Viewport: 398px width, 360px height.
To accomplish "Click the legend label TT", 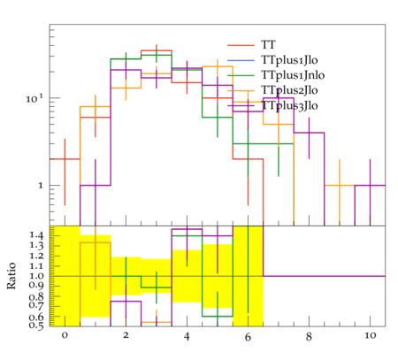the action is tap(268, 45).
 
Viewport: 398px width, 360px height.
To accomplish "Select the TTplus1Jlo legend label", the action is tap(289, 60).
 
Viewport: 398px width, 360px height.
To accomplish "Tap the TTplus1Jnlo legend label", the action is tap(293, 75).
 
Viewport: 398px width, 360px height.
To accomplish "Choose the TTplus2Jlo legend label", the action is tap(289, 90).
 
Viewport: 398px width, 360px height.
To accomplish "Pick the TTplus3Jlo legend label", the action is tap(289, 105).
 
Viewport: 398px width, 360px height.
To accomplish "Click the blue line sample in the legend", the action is tap(241, 60).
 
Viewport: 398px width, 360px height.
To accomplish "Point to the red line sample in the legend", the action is tap(241, 45).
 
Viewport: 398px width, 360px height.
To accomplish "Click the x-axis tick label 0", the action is tap(65, 335).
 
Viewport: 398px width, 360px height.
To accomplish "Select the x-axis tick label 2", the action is tap(126, 335).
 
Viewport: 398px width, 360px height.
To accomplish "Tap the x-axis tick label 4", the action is tap(187, 336).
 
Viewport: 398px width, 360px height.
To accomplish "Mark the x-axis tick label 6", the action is tap(248, 336).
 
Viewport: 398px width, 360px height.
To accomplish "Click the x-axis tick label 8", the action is tap(309, 336).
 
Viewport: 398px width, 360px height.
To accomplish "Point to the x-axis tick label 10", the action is tap(371, 335).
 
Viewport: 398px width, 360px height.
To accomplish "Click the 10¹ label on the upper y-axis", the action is tap(34, 98).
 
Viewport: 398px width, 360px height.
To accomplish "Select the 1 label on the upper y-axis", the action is tap(41, 186).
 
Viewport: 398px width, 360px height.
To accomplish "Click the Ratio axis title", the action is tap(11, 276).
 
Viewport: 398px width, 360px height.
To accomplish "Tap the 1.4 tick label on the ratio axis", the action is tap(36, 235).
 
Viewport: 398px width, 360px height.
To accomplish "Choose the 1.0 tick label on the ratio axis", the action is tap(36, 276).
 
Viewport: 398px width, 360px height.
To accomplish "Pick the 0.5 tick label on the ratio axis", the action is tap(36, 326).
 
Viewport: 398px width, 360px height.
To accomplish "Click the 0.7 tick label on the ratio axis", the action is tap(36, 305).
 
